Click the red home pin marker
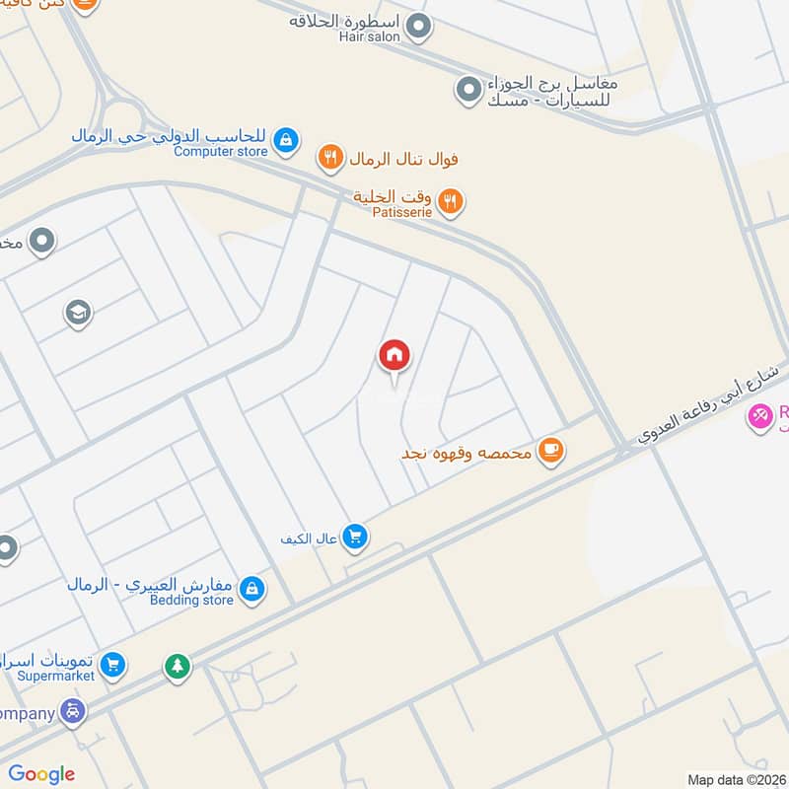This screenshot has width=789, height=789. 394,355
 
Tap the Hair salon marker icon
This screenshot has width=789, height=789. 419,26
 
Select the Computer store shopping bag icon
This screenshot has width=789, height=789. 286,140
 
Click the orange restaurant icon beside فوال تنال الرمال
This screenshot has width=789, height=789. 329,157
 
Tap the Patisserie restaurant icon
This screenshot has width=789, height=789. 450,201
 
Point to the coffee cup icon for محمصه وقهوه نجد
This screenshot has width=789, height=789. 550,452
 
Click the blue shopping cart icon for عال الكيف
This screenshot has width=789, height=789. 356,537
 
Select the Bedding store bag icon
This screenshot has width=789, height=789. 252,589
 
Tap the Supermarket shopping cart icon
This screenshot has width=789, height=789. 113,666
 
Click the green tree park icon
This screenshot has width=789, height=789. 178,667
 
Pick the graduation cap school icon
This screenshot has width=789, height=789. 77,314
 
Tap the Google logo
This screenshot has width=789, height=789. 41,774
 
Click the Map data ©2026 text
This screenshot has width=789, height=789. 736,779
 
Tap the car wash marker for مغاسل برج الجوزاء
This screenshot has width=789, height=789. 467,90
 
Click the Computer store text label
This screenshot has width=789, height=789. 221,151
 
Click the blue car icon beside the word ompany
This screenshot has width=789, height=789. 72,710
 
